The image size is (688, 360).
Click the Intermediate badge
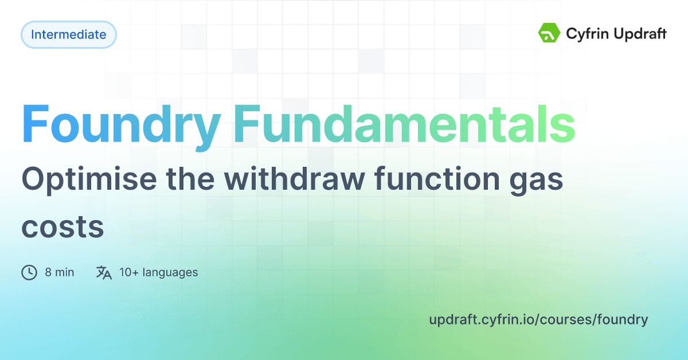point(68,34)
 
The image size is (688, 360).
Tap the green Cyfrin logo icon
point(549,33)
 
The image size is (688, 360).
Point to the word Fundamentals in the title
point(404,124)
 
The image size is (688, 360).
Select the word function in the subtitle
point(443,180)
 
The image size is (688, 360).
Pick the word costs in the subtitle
point(62,228)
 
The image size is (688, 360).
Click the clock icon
point(29,272)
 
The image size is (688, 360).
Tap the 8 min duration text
point(60,272)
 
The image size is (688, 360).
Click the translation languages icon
point(104,272)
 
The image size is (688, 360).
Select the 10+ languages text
point(158,272)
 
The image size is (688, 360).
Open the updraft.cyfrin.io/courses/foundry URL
point(538,319)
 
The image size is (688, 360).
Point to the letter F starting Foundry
point(36,125)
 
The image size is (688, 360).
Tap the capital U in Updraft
point(621,34)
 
